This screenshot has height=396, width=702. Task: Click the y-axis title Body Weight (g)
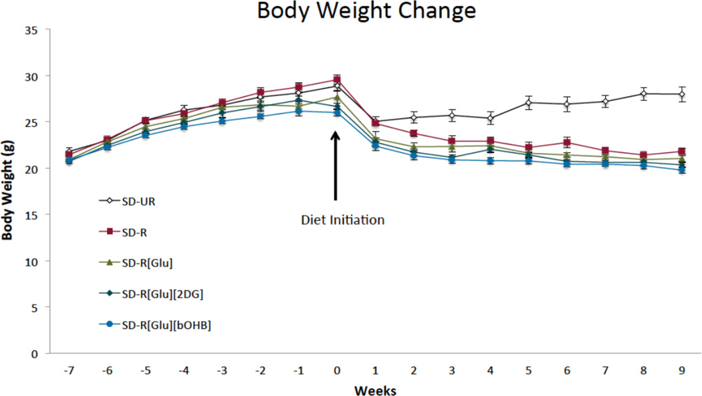(9, 192)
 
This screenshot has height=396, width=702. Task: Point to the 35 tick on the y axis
(30, 30)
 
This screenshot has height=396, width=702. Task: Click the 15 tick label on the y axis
(30, 215)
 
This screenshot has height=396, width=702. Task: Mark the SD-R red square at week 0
(337, 79)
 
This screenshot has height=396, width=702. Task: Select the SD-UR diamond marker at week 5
(528, 103)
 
